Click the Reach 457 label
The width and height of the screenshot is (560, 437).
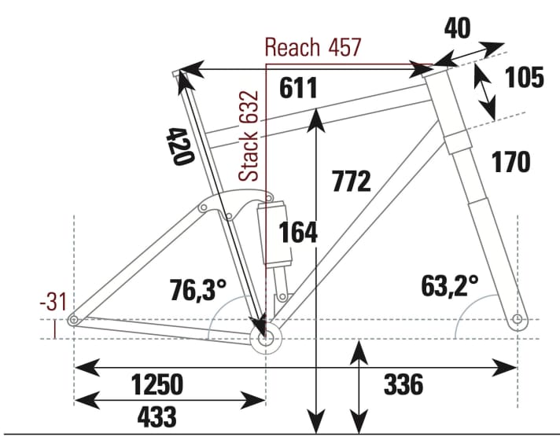tap(312, 47)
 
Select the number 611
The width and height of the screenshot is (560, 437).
tap(298, 88)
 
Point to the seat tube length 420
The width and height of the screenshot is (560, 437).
tap(180, 145)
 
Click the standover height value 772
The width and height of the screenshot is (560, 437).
tap(351, 182)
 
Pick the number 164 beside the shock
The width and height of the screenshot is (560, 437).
tap(299, 232)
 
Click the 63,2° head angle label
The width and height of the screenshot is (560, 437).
tap(448, 285)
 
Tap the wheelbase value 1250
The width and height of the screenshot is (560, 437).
tap(157, 385)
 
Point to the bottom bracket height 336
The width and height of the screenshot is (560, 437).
tap(403, 385)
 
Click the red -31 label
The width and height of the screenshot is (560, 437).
tap(52, 302)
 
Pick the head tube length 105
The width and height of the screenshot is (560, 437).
tap(524, 78)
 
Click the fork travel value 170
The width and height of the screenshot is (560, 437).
tap(510, 162)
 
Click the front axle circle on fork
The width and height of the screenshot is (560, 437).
tap(517, 320)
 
